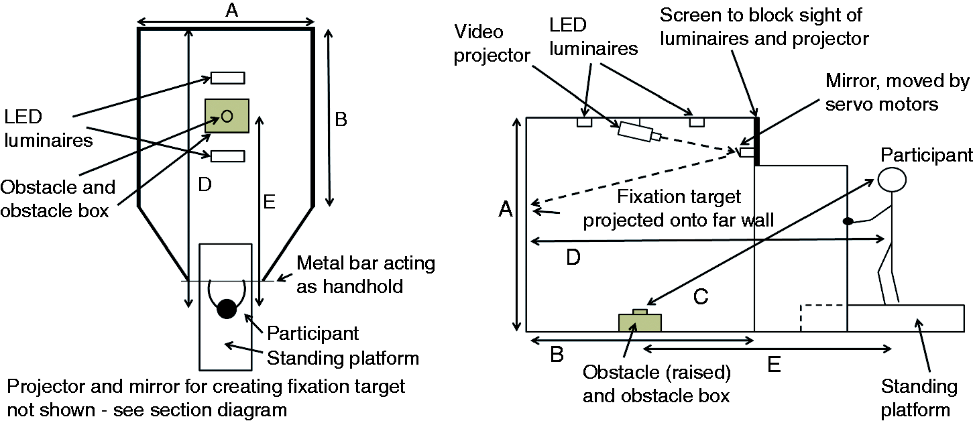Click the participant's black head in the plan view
click(227, 309)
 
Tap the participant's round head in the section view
click(892, 180)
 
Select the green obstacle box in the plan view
click(227, 115)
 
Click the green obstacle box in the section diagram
click(640, 322)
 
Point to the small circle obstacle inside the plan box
click(227, 116)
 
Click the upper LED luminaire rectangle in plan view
click(227, 78)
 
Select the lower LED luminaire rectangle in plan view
click(227, 156)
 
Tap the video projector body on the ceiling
click(634, 132)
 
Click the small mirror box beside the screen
click(747, 152)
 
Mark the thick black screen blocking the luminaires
click(756, 141)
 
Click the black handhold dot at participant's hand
click(848, 221)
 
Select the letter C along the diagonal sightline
click(701, 297)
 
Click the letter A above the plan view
click(232, 9)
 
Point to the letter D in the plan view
click(205, 185)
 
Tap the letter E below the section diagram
click(774, 365)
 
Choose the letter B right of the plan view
click(341, 119)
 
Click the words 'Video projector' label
click(492, 44)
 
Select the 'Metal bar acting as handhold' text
click(365, 275)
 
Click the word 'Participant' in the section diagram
click(926, 155)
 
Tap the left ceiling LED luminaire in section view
click(584, 122)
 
